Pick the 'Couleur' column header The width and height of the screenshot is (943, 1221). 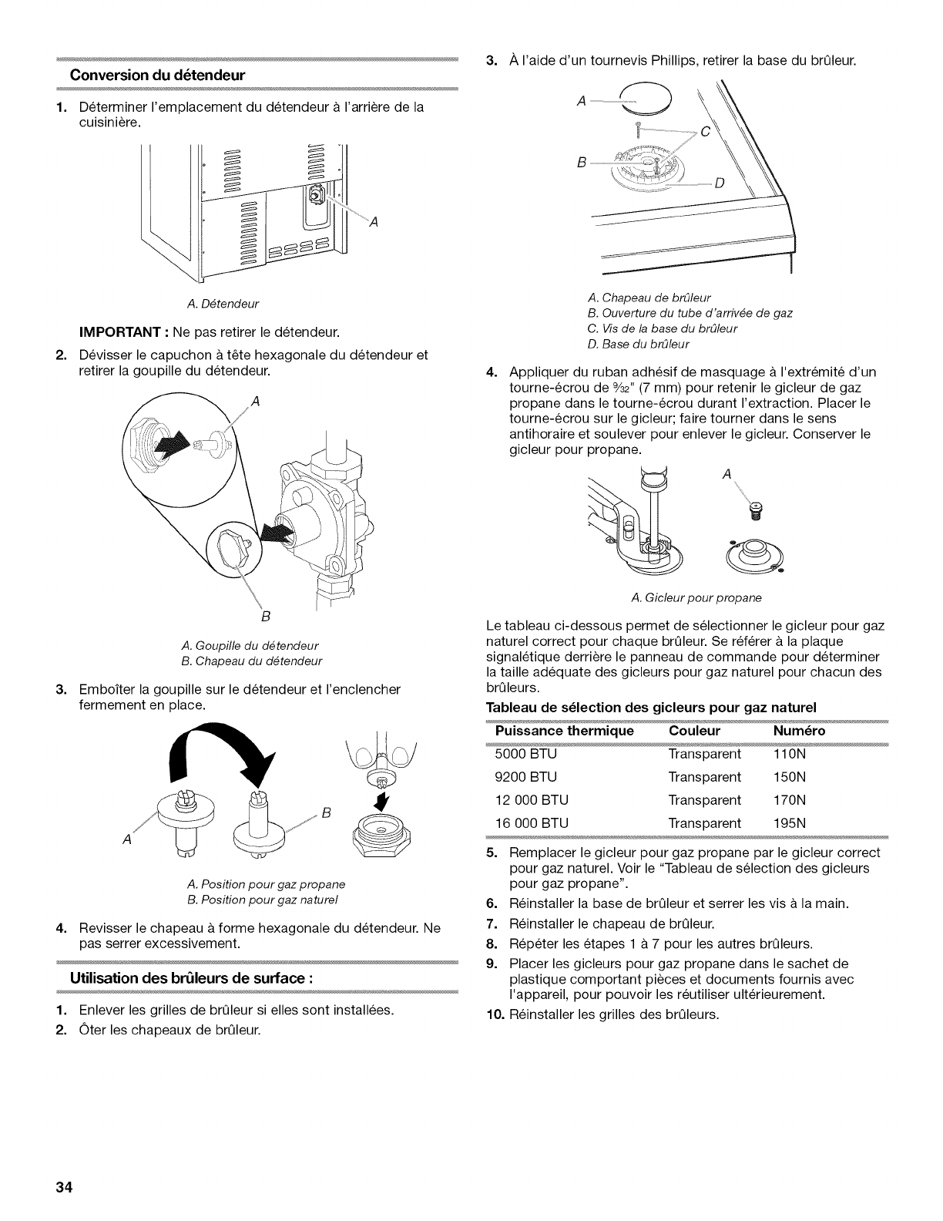click(x=694, y=730)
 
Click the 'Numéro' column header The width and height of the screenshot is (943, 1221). click(x=799, y=730)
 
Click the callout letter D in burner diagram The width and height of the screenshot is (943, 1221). click(x=720, y=183)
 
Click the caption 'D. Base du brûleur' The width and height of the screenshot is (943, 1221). click(x=638, y=343)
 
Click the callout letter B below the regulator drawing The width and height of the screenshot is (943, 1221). click(x=264, y=617)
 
